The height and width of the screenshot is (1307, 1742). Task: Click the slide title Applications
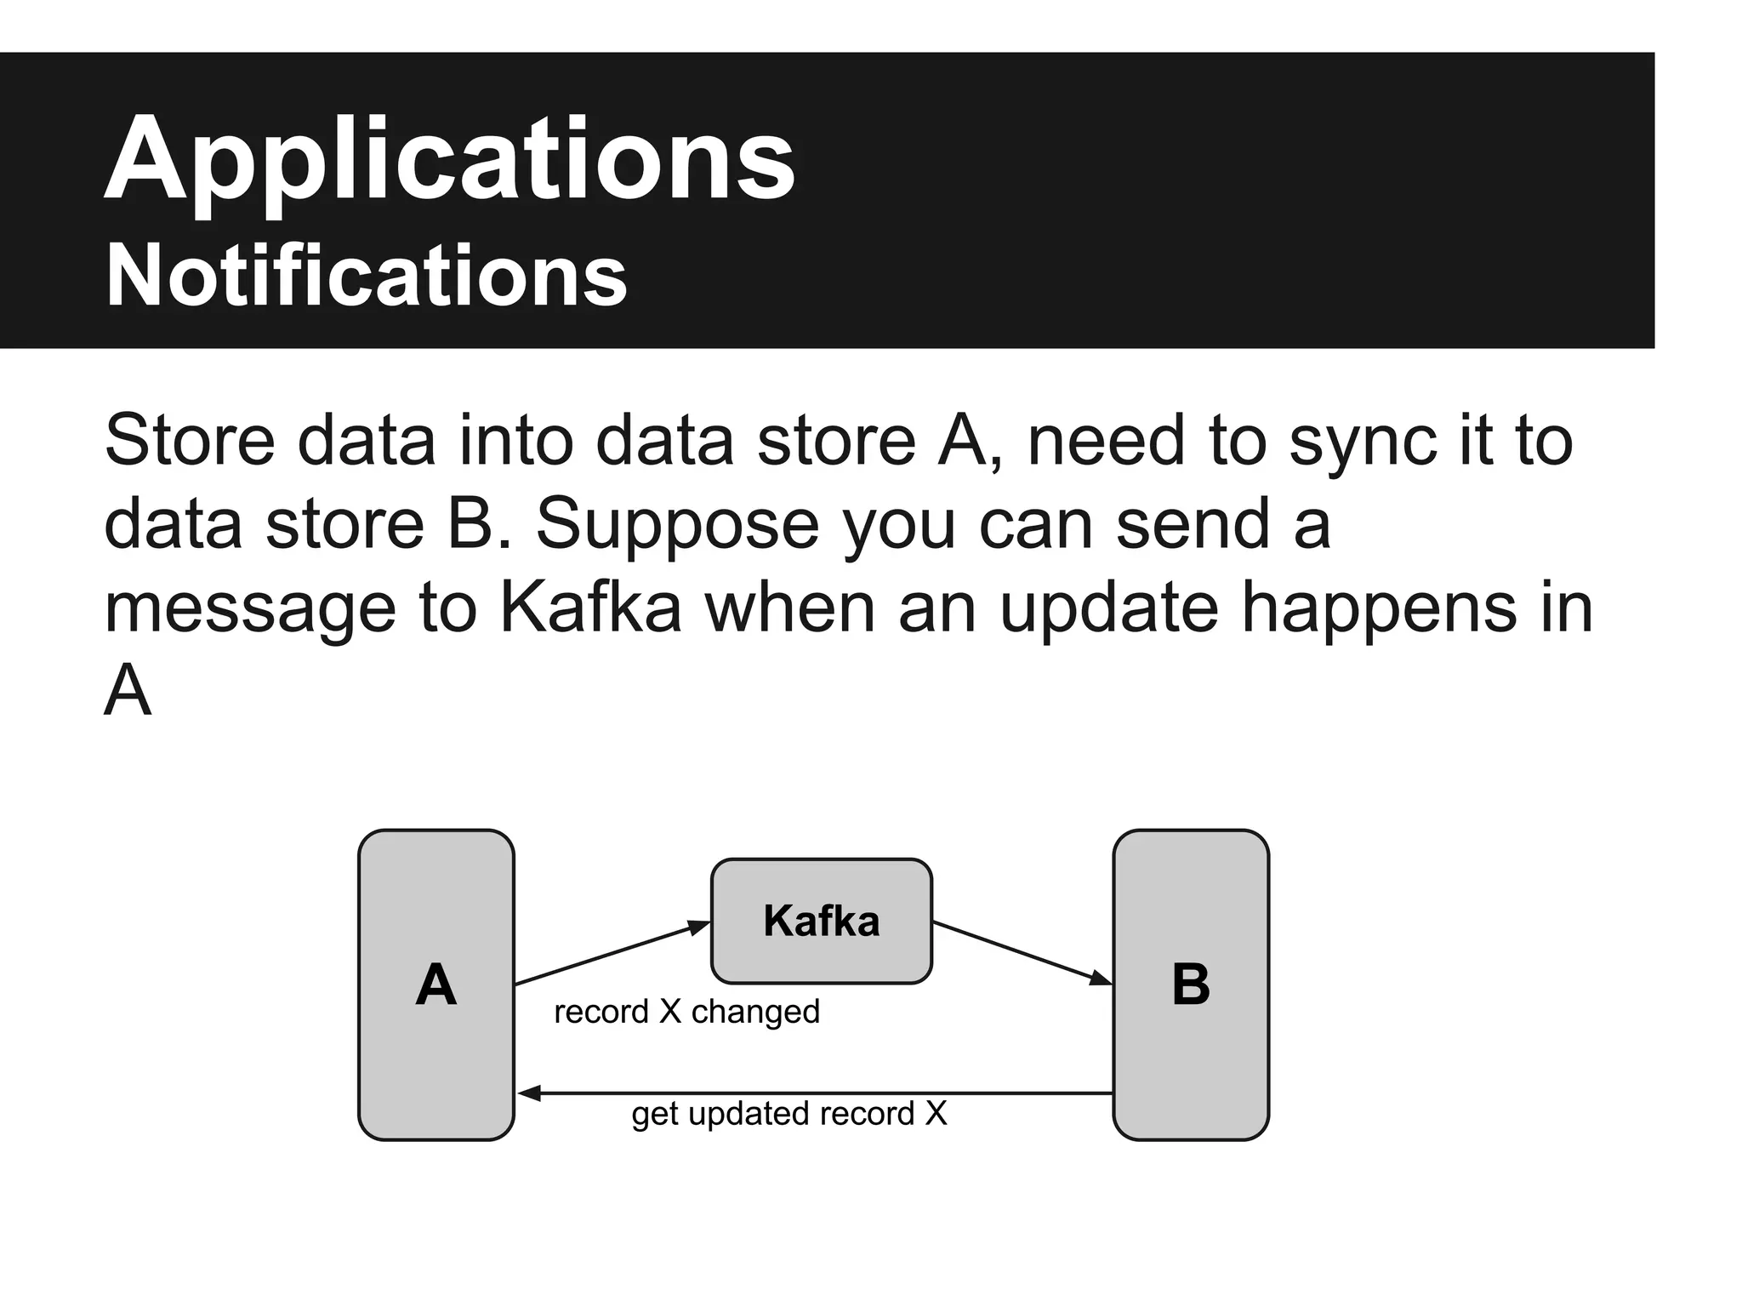449,162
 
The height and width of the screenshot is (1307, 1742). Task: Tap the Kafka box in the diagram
821,921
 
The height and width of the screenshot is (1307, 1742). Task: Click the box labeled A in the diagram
435,985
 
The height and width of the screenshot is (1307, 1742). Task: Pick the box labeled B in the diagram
1190,985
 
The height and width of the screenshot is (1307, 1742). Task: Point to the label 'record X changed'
686,1012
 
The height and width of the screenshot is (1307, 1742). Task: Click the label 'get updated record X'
788,1113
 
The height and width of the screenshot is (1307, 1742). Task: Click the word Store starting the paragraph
190,440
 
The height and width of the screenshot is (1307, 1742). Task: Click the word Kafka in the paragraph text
590,608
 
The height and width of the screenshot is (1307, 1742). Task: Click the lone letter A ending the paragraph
128,690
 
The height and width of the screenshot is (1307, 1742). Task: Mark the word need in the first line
1106,440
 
